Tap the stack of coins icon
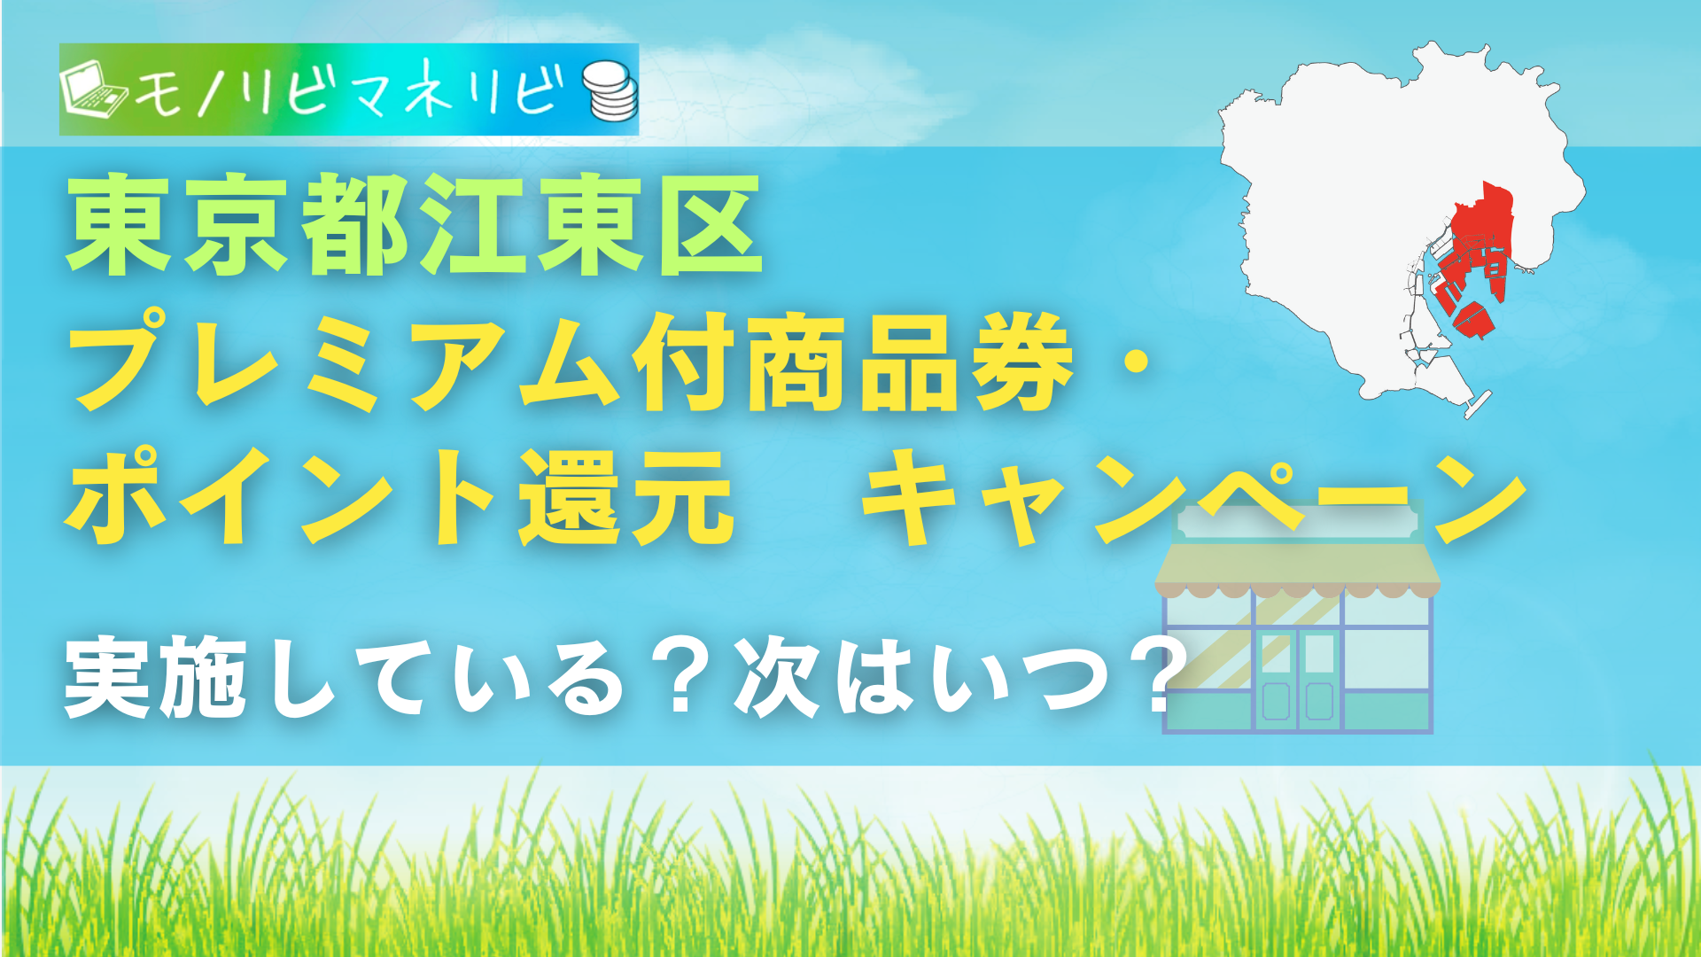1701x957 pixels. (610, 90)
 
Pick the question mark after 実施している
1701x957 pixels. (680, 678)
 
